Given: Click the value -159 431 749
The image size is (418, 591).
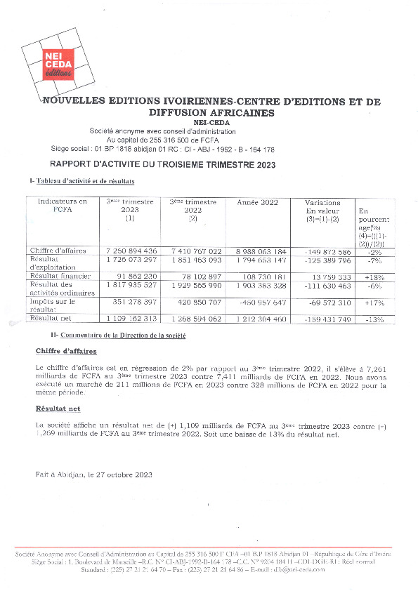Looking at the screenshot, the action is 324,319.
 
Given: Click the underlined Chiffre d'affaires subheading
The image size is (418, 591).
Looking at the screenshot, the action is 67,350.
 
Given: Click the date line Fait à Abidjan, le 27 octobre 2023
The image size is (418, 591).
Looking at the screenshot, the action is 93,474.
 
